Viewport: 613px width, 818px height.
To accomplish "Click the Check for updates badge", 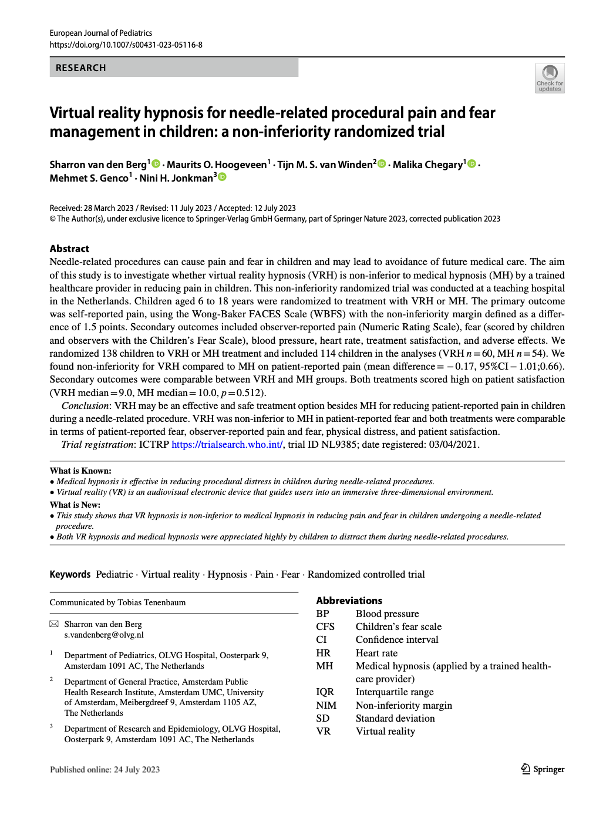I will click(x=550, y=79).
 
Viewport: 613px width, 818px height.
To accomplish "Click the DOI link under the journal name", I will click(x=126, y=45).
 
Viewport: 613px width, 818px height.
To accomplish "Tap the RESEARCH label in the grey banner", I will click(x=81, y=68).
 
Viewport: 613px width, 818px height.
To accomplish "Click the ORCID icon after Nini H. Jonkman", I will click(x=223, y=177).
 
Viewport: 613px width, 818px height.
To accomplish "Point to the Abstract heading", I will click(x=69, y=249).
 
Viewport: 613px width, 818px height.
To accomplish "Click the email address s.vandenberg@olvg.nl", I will click(x=104, y=635).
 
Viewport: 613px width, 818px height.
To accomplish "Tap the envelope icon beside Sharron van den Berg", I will click(x=54, y=624).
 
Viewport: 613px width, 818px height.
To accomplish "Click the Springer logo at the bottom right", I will click(x=543, y=769).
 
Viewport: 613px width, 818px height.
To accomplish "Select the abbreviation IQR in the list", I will click(x=325, y=692).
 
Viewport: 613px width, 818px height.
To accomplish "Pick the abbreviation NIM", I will click(x=326, y=705).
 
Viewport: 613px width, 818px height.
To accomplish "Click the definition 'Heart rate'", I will click(x=376, y=653).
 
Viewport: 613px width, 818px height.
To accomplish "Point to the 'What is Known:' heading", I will click(x=80, y=471).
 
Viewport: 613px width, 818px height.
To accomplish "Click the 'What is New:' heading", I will click(x=75, y=505).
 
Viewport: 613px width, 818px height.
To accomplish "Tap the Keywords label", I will click(x=70, y=574).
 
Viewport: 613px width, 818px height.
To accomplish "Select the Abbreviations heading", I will click(x=349, y=601).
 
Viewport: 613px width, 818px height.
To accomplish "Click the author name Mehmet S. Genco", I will click(x=89, y=178).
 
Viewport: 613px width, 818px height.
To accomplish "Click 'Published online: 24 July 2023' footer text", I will click(x=105, y=770).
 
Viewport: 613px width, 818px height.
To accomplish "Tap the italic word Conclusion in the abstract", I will click(x=85, y=405).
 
